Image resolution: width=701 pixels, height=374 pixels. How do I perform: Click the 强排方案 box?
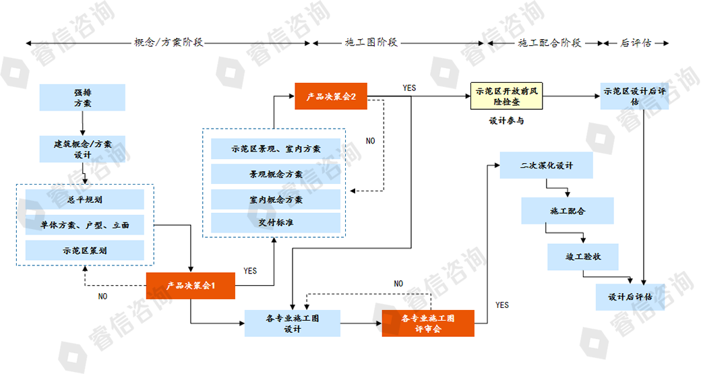[82, 97]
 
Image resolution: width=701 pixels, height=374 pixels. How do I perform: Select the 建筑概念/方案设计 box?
[82, 149]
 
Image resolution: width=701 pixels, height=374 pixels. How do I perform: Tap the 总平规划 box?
[85, 199]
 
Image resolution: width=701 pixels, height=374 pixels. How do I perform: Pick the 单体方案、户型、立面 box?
[85, 225]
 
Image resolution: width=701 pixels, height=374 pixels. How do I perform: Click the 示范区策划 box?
[85, 250]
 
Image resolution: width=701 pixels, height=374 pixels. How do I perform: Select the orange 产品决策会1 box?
[191, 286]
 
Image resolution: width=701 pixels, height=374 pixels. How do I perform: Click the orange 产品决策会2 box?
[331, 96]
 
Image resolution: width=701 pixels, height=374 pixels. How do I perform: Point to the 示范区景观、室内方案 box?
[276, 149]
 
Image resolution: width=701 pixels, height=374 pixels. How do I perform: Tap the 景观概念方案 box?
[276, 174]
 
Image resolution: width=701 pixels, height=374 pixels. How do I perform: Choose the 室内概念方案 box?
[276, 199]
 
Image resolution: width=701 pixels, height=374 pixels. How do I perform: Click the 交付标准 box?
[276, 222]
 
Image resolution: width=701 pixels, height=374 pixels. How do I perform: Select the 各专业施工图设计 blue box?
[292, 323]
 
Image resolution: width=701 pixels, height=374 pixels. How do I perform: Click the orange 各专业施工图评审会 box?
[428, 323]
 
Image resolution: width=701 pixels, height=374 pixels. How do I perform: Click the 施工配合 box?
[568, 210]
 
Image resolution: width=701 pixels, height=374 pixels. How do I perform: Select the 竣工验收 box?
[582, 256]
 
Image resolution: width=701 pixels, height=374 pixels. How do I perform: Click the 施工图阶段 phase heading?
[371, 42]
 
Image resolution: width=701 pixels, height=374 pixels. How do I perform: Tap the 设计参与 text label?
[506, 121]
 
